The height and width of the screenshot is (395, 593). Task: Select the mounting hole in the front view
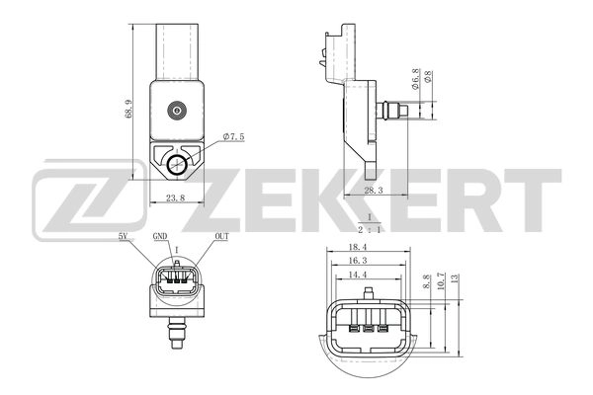[x=178, y=164]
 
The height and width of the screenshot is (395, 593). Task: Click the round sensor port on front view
[x=177, y=109]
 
